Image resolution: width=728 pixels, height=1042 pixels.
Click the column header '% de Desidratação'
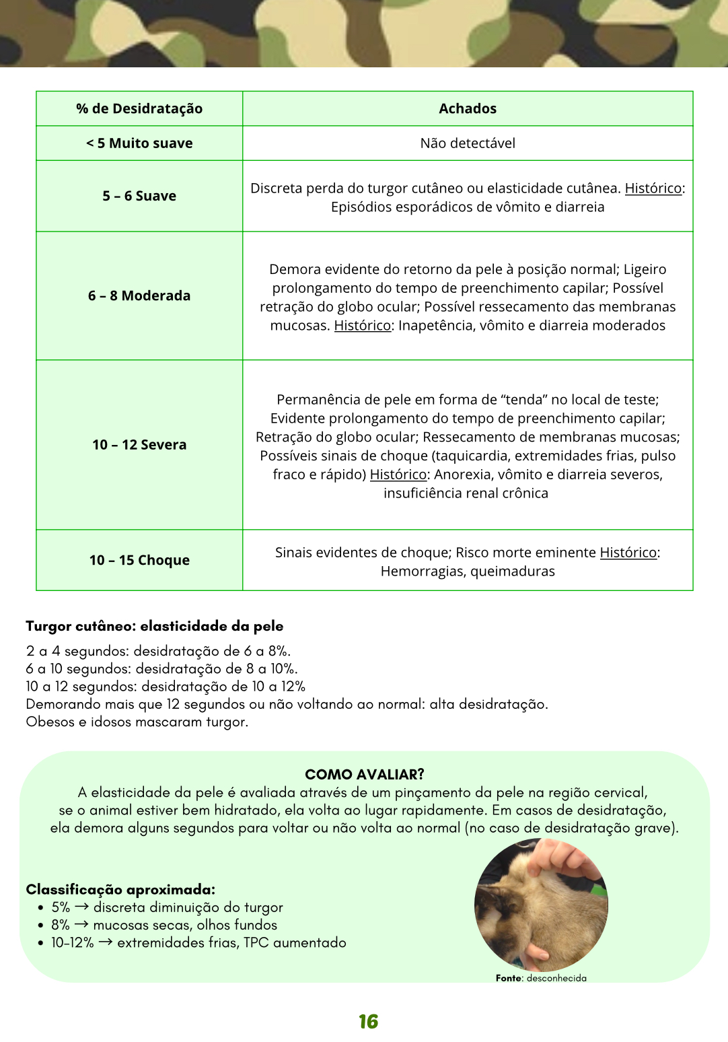(139, 109)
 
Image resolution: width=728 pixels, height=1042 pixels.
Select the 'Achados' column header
(468, 109)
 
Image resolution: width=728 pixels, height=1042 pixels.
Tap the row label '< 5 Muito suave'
(139, 143)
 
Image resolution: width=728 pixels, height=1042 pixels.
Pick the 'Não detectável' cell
(468, 143)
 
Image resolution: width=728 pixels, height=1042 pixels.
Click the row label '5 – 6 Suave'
(139, 196)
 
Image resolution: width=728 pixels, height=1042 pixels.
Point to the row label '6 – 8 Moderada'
(139, 296)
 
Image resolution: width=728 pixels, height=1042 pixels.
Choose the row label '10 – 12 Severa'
(139, 445)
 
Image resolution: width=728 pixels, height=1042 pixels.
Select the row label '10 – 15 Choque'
(139, 560)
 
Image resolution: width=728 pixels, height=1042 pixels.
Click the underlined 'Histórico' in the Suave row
(653, 188)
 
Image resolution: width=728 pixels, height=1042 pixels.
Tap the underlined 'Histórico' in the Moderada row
(363, 326)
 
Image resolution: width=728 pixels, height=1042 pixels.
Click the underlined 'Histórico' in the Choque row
(628, 553)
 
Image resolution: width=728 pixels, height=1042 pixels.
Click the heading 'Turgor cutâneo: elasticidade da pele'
(155, 626)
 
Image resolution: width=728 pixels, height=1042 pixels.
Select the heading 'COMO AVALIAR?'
(365, 774)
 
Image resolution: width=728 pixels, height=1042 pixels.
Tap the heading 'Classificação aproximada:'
(120, 890)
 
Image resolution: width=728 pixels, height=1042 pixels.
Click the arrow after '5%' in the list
(81, 907)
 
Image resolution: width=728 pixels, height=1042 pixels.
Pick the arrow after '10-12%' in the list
(106, 942)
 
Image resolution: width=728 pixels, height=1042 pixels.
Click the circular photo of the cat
(541, 905)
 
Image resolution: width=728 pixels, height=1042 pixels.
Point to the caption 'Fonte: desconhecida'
(541, 978)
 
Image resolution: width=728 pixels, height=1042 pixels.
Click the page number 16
(368, 1022)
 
